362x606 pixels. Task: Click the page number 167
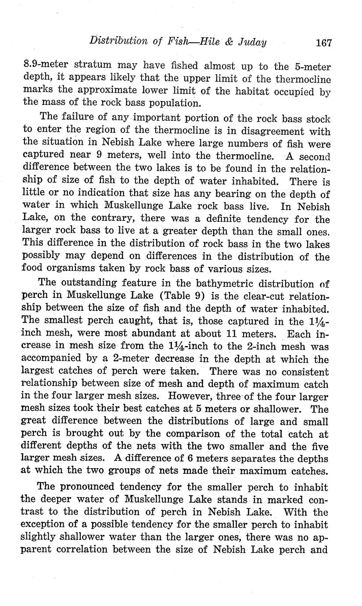[323, 43]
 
